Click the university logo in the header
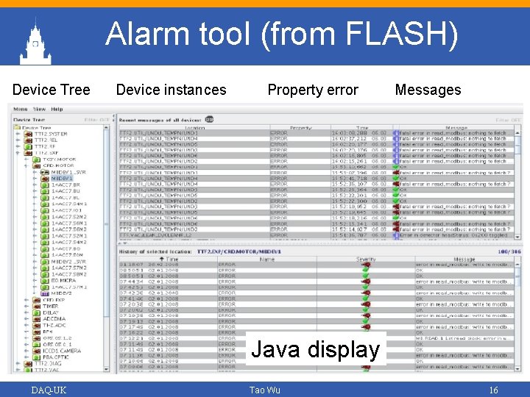34,43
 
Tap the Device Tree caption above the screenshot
51,90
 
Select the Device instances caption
172,90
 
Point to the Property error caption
313,90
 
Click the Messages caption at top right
428,90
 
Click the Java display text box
315,349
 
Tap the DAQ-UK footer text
49,390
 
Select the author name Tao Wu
265,390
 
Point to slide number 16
494,390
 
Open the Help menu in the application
57,110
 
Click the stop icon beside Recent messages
210,119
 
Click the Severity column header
366,260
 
